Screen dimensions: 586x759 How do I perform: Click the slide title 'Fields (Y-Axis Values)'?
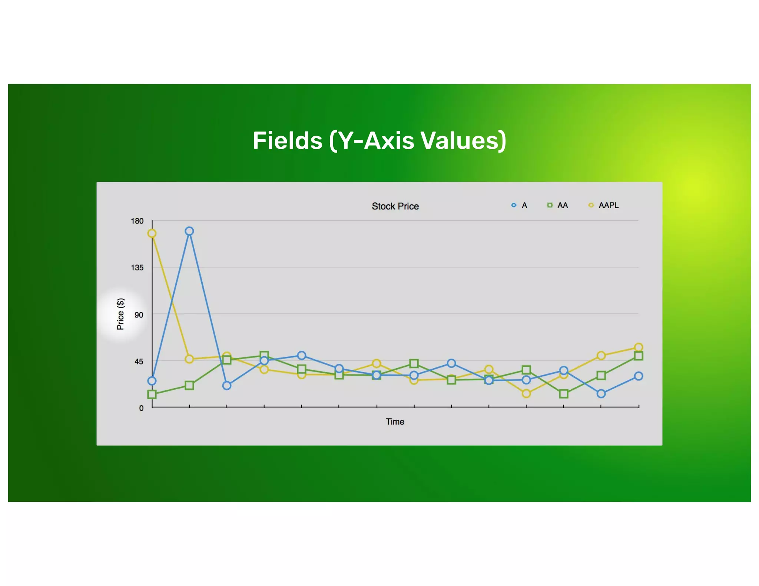[x=379, y=141]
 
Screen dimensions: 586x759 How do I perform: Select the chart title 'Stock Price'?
[x=395, y=206]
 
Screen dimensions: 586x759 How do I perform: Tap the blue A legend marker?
[x=514, y=205]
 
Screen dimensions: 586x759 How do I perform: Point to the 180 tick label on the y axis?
[x=137, y=221]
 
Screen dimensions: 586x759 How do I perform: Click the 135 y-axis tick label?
[x=137, y=267]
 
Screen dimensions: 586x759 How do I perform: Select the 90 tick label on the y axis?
[x=139, y=315]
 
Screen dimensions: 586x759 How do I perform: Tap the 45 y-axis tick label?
[x=139, y=362]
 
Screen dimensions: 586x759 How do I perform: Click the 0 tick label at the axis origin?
[x=141, y=408]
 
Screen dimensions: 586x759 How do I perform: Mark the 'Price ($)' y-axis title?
[x=120, y=314]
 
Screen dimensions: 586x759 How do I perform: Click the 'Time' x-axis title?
[x=395, y=422]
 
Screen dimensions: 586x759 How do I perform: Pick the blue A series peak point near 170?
[x=189, y=231]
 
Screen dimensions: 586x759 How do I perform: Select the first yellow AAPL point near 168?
[x=152, y=233]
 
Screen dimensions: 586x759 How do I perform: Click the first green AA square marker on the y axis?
[x=152, y=394]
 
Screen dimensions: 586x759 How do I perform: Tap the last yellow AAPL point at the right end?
[x=639, y=347]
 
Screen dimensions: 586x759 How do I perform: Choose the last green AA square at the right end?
[x=639, y=356]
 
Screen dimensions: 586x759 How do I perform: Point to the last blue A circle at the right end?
[x=639, y=376]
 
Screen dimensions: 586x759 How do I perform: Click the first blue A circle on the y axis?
[x=152, y=381]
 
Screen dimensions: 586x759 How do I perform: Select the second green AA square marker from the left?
[x=189, y=386]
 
